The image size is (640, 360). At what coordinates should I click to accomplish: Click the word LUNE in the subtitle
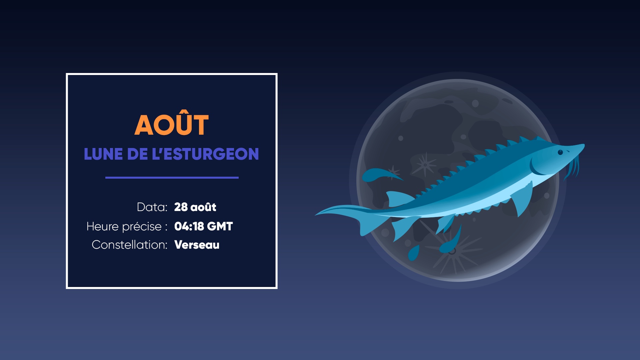pos(103,154)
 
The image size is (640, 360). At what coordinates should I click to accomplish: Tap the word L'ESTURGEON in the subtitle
pos(205,154)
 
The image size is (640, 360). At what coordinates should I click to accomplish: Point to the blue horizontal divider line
pos(172,178)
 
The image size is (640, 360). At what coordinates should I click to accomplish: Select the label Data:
pos(152,207)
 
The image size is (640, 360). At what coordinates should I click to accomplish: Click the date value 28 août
pos(195,207)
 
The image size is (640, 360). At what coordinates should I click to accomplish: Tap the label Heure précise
pos(124,227)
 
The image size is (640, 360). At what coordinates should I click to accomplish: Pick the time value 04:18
pos(189,226)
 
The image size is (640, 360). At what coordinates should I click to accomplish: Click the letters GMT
pos(220,226)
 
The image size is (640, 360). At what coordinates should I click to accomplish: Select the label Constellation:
pos(129,245)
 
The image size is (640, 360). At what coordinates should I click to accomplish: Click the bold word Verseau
pos(197,245)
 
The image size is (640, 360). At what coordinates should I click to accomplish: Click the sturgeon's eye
pos(560,152)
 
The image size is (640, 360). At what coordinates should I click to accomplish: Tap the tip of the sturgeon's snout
pos(584,145)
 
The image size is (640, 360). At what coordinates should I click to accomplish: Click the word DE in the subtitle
pos(137,154)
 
